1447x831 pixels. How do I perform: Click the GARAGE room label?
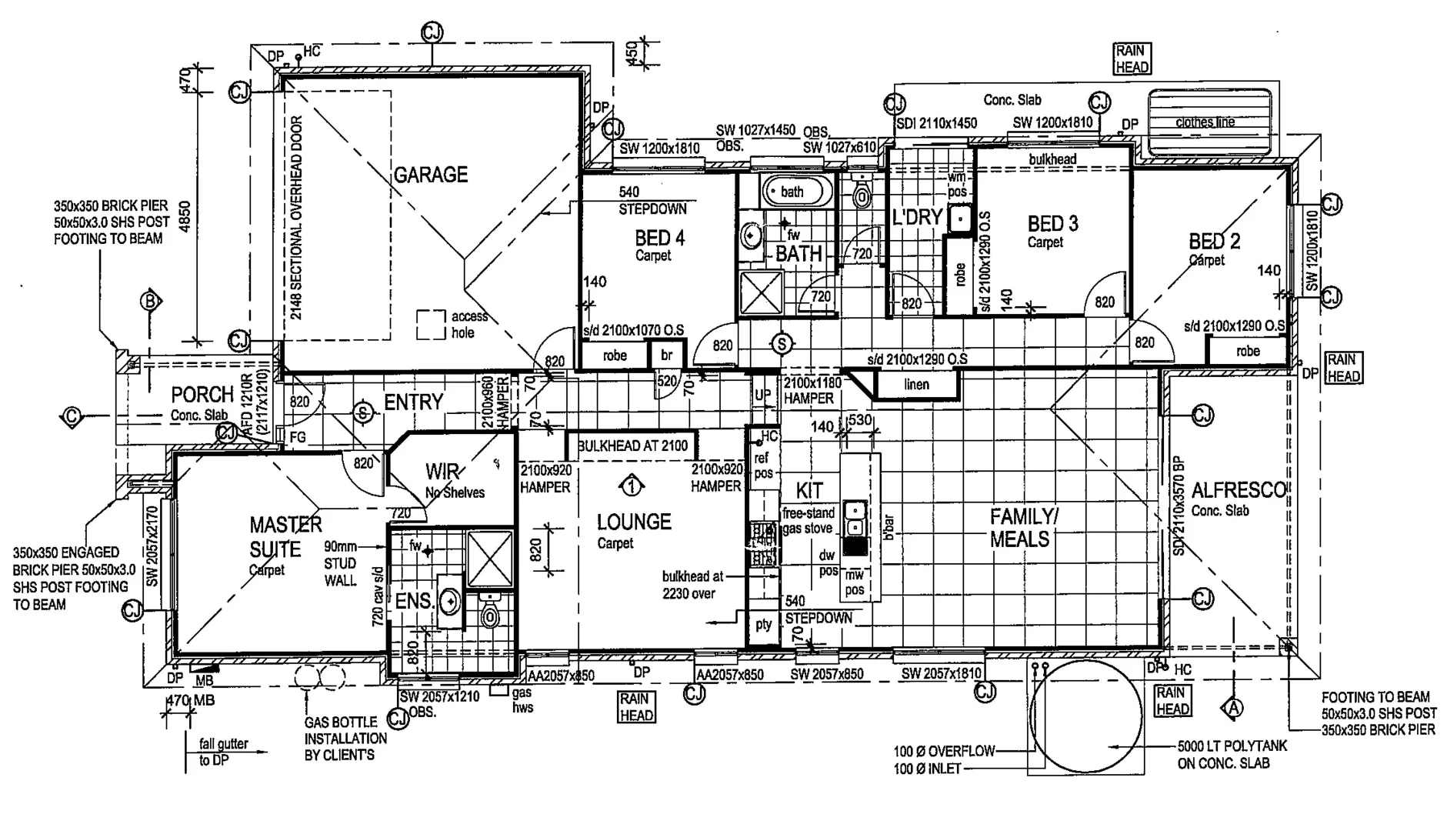[431, 175]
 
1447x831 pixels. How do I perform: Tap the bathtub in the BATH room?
[795, 192]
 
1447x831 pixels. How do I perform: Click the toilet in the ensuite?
[489, 612]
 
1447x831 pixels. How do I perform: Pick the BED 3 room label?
[1052, 224]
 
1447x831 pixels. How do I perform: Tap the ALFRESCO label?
[1238, 490]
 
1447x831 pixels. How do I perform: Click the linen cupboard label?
[916, 385]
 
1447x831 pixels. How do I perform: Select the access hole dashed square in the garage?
[431, 325]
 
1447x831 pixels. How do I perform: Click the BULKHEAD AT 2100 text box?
[632, 446]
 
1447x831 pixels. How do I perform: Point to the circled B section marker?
[150, 301]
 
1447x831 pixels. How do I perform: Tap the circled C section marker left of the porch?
[71, 418]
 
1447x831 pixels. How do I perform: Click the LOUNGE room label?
[634, 522]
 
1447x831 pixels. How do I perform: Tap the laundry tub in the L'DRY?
[959, 219]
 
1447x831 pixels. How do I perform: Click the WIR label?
[442, 471]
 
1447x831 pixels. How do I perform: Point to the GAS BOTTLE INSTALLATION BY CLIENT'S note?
[345, 739]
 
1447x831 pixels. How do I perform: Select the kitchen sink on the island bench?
[854, 518]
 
